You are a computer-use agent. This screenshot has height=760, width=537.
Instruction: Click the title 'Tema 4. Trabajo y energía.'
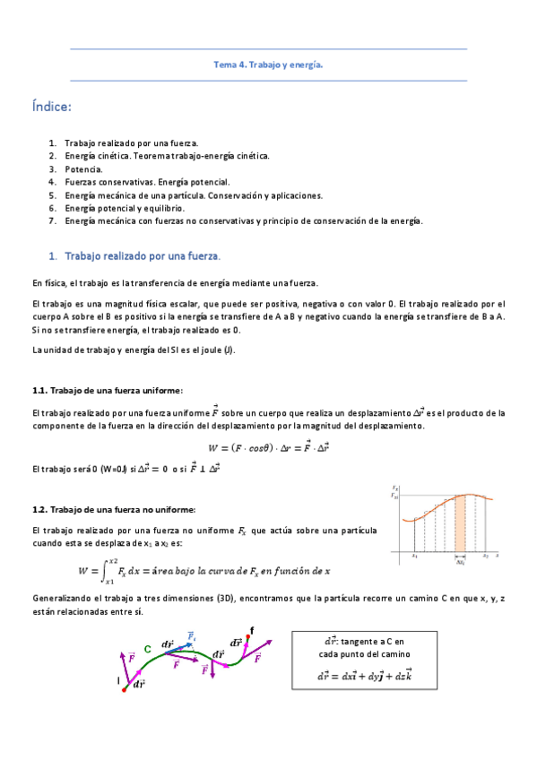[268, 65]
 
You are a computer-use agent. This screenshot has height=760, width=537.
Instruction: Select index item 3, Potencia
[83, 168]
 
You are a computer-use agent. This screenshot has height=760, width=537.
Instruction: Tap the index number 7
[52, 220]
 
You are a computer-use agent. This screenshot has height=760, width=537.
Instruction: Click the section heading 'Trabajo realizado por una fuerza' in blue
[143, 255]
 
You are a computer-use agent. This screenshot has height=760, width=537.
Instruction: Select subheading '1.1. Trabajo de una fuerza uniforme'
[107, 390]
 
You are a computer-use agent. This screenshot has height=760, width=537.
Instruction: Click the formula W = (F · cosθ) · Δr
[268, 447]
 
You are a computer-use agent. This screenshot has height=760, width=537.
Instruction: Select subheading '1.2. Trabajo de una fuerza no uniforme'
[115, 508]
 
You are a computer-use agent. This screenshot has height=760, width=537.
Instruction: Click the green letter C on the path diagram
[148, 649]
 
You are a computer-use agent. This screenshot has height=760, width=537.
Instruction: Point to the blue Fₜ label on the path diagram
[192, 635]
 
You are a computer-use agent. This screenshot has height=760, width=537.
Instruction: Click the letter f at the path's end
[252, 631]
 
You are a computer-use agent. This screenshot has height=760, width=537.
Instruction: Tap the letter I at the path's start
[117, 681]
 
